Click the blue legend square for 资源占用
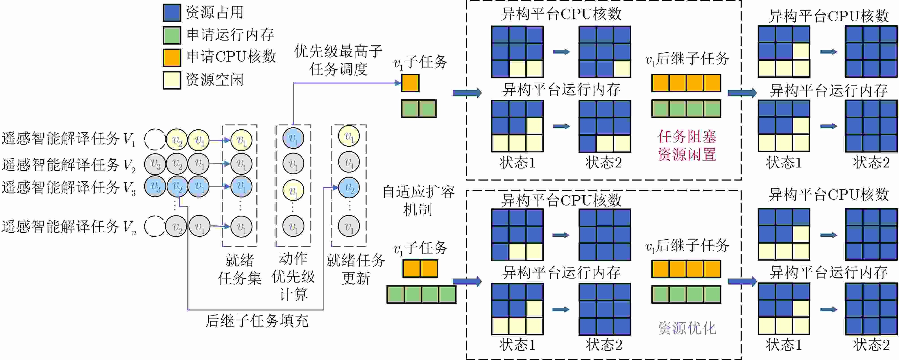(172, 13)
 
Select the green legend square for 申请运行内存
(172, 35)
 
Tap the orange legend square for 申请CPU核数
(172, 57)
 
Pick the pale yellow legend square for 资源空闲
(172, 80)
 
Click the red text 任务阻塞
(687, 137)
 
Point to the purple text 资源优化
(687, 328)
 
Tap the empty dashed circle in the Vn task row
(155, 226)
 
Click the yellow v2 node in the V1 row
(177, 140)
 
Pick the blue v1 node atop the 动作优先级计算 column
(293, 138)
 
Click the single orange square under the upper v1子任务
(410, 83)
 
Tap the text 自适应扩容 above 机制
(418, 192)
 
